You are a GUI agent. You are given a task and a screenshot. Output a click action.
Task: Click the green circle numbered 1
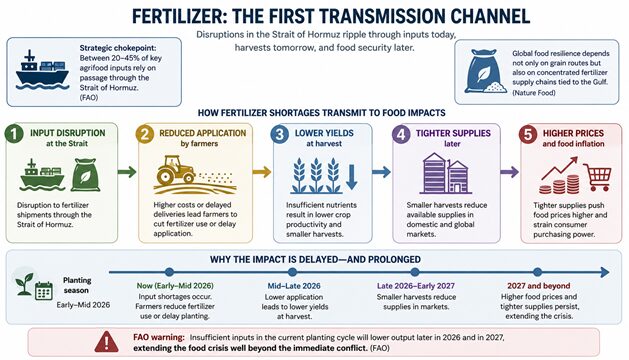click(x=14, y=134)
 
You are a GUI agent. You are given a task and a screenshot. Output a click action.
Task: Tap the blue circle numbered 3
click(x=280, y=134)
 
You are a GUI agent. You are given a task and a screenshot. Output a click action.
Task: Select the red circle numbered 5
click(x=528, y=134)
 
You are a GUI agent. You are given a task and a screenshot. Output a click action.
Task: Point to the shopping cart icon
click(x=597, y=177)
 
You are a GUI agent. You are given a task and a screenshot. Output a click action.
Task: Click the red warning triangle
click(x=107, y=342)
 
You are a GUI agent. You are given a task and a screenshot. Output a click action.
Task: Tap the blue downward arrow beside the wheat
click(x=351, y=177)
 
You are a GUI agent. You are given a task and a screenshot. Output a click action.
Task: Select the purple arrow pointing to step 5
click(x=509, y=172)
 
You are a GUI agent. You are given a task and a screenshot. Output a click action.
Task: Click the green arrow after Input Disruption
click(x=127, y=172)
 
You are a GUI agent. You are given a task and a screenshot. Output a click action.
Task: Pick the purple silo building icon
click(x=446, y=173)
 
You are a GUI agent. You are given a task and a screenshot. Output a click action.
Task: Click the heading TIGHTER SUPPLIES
click(x=453, y=133)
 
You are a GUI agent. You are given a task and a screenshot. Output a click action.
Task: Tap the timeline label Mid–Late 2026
click(x=294, y=286)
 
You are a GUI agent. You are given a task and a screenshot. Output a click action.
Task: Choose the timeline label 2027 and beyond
click(x=538, y=286)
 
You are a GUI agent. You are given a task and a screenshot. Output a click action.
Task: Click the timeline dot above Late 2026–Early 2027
click(x=415, y=273)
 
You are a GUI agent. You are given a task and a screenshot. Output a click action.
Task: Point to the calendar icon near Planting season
click(x=44, y=291)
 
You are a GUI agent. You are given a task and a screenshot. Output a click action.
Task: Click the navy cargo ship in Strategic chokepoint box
click(x=42, y=70)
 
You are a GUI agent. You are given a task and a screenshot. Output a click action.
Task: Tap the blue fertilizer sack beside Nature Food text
click(x=485, y=71)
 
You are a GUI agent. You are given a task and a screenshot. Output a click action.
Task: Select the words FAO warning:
click(x=159, y=337)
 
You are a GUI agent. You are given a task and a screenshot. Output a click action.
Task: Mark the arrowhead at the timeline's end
click(x=605, y=273)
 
